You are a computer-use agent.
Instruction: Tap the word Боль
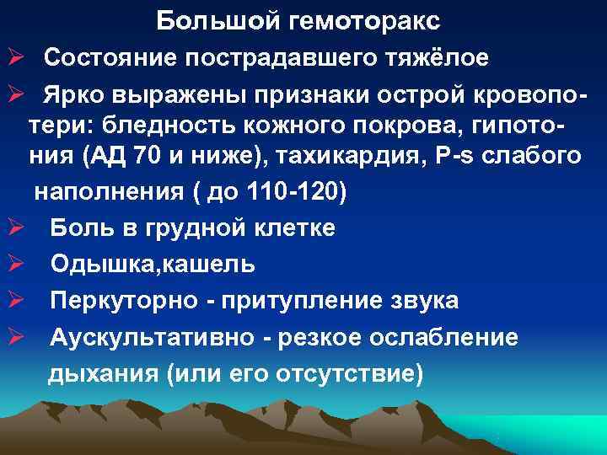point(78,227)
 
